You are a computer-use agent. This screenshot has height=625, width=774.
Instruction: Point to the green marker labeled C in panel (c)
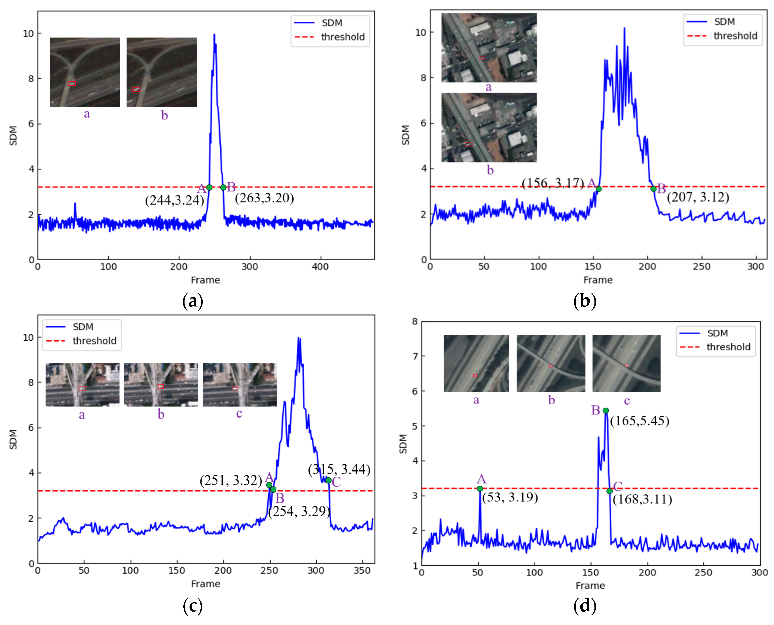[x=328, y=480]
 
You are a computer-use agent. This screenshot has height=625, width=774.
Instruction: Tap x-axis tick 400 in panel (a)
[x=320, y=267]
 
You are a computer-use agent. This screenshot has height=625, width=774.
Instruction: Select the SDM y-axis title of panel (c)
[x=13, y=440]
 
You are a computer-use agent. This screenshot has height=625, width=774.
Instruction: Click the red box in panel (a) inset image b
[x=136, y=89]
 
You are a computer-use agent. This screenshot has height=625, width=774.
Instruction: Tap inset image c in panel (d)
[x=626, y=363]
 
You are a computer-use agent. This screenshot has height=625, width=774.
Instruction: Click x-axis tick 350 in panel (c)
[x=362, y=571]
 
